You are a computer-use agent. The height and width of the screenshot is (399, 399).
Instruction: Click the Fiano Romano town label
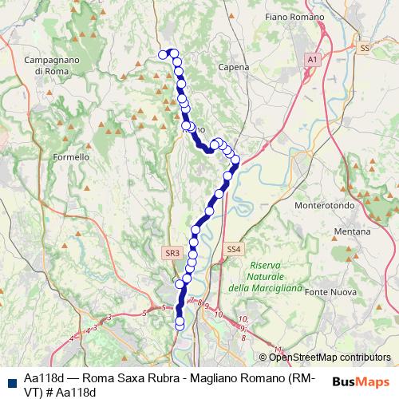click(x=294, y=17)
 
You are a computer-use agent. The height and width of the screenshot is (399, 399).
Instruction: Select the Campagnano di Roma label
click(x=51, y=65)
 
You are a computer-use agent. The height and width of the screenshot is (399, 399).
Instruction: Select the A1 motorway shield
click(x=312, y=59)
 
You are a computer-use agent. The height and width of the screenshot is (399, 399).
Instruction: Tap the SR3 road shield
click(x=172, y=253)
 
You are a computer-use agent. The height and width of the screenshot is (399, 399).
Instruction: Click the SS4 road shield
click(x=232, y=249)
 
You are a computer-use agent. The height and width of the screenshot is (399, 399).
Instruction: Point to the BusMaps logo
click(x=361, y=381)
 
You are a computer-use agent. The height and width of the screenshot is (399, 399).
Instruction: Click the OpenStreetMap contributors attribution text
click(x=328, y=358)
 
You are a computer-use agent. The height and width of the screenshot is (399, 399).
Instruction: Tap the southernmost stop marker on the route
click(x=180, y=323)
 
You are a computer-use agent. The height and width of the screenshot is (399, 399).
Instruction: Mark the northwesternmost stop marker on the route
click(x=164, y=54)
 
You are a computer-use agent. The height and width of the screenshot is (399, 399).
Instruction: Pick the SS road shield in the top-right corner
click(x=364, y=48)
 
